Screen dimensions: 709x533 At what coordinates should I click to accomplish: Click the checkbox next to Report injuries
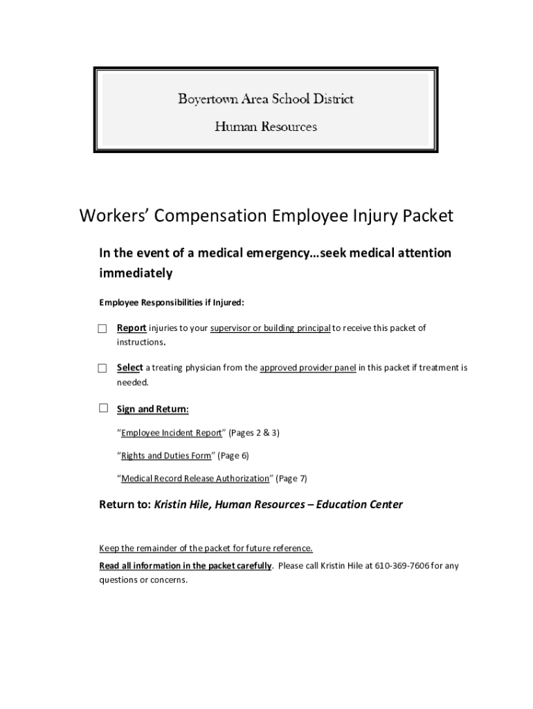[x=102, y=328]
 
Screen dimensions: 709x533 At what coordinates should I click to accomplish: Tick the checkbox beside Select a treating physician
[x=102, y=368]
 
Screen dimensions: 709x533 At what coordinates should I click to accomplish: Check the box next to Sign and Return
[x=103, y=409]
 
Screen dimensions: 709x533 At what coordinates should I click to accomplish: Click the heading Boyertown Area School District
[x=266, y=99]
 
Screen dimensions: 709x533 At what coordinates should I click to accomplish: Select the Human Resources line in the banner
[x=266, y=127]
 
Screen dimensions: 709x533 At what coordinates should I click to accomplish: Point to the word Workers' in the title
[x=114, y=216]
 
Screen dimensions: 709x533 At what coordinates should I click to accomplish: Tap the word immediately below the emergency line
[x=136, y=273]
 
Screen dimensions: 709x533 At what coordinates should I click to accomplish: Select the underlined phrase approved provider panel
[x=308, y=368]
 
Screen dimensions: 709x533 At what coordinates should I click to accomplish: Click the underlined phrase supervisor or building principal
[x=270, y=327]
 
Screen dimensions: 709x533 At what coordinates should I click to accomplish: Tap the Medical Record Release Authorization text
[x=195, y=478]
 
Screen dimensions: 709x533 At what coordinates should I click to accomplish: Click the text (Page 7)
[x=291, y=478]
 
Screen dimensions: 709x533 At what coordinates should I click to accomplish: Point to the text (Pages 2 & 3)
[x=254, y=432]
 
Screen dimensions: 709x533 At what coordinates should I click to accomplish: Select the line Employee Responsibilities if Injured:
[x=172, y=303]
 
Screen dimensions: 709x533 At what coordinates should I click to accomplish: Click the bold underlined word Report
[x=131, y=327]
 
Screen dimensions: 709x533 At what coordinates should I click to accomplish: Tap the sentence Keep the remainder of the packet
[x=206, y=548]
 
